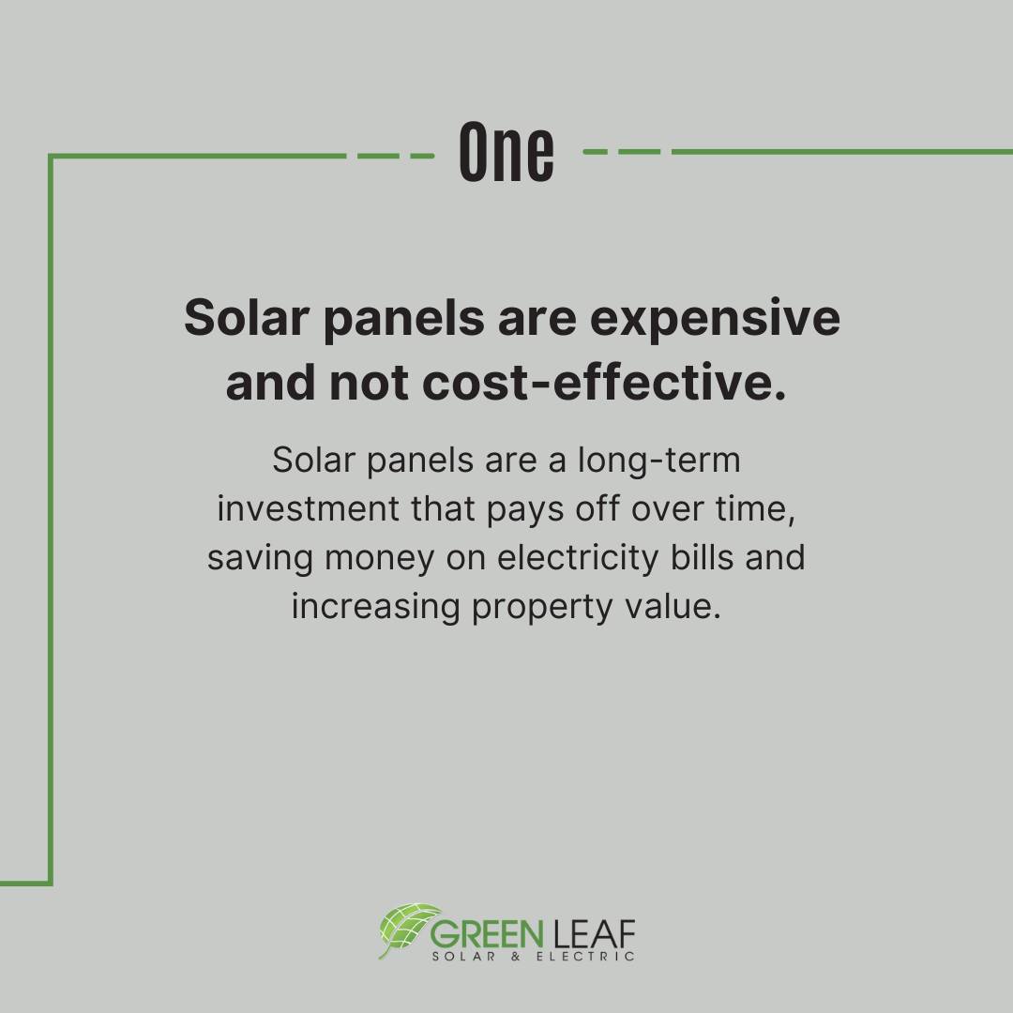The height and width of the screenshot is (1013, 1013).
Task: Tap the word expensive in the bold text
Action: pyautogui.click(x=715, y=319)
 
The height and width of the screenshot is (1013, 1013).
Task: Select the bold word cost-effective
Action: pyautogui.click(x=605, y=382)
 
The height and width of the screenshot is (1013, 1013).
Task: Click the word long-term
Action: pyautogui.click(x=659, y=461)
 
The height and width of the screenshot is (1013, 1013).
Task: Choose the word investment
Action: pyautogui.click(x=308, y=508)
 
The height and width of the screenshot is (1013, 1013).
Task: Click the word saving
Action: pyautogui.click(x=261, y=558)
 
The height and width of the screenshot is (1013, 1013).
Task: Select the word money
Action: pyautogui.click(x=379, y=559)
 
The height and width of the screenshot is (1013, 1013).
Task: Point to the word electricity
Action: pyautogui.click(x=578, y=558)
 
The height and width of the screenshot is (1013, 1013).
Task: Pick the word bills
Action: pyautogui.click(x=702, y=557)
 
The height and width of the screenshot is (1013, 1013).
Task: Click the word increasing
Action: pyautogui.click(x=375, y=607)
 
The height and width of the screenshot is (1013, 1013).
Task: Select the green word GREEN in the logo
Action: pyautogui.click(x=487, y=934)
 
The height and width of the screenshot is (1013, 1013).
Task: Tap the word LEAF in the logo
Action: pyautogui.click(x=595, y=934)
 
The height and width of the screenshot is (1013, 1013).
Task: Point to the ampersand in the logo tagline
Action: pyautogui.click(x=515, y=956)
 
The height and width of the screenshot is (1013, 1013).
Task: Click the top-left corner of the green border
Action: pyautogui.click(x=51, y=157)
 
